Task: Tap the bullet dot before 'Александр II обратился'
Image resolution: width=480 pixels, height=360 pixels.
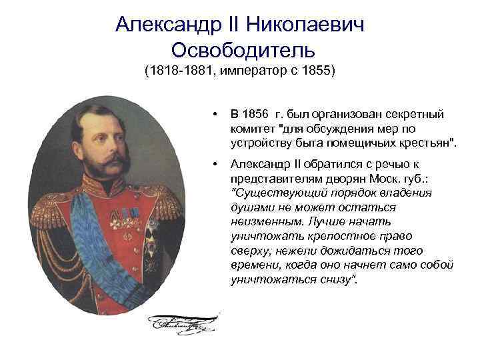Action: pos(213,163)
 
